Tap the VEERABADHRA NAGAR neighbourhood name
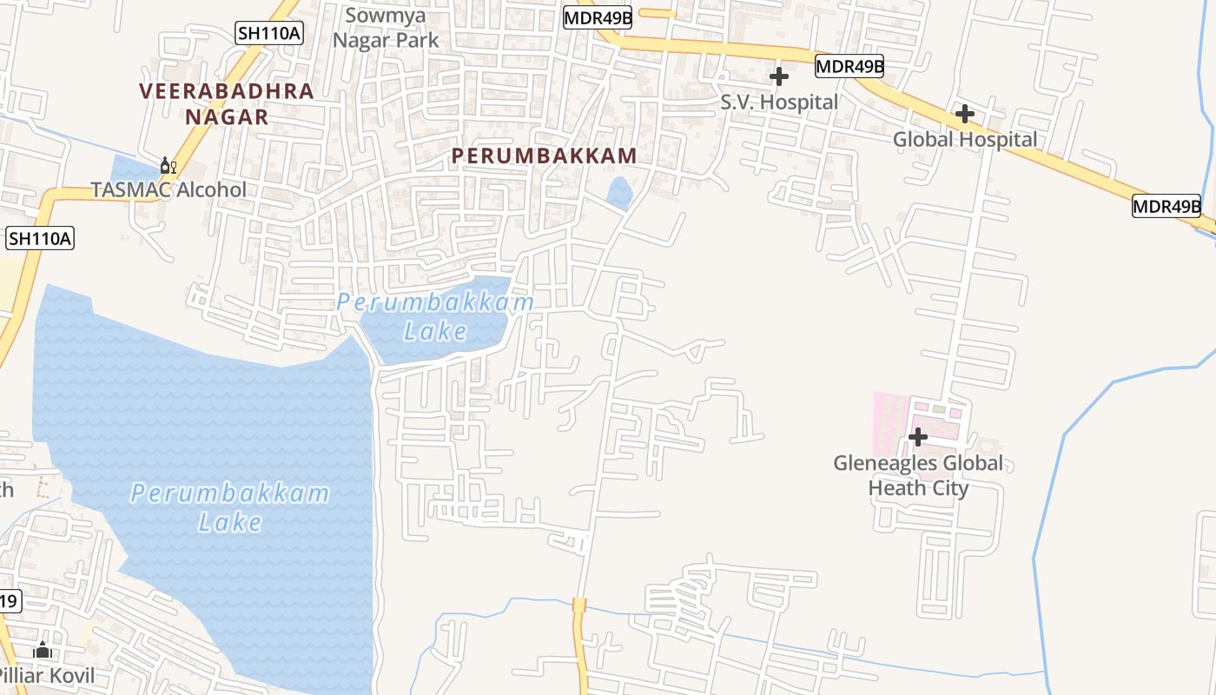tap(227, 103)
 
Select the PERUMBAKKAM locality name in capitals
tap(545, 156)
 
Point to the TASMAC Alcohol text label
tap(169, 189)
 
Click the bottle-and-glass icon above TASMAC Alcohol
tap(169, 165)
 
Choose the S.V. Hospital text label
tap(779, 103)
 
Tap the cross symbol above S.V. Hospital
tap(779, 76)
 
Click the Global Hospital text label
tap(965, 140)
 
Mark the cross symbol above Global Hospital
tap(965, 114)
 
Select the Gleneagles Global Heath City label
tap(918, 475)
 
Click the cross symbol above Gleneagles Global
tap(918, 436)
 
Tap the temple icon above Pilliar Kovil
tap(43, 650)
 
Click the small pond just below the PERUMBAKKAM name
tap(619, 193)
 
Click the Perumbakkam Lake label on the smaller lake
tap(435, 316)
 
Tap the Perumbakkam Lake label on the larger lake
tap(230, 507)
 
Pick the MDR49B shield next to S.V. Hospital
tap(849, 66)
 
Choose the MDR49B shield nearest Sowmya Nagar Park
tap(597, 17)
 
